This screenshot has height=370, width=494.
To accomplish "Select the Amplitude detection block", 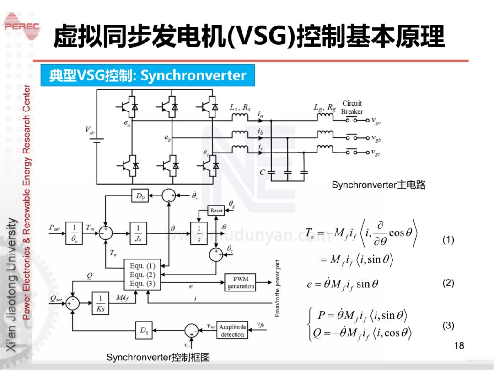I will [x=232, y=331].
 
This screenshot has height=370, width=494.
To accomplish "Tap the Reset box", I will [x=216, y=211].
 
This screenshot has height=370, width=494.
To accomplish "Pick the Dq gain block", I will [x=144, y=330].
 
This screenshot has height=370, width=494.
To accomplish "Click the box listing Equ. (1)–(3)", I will [x=143, y=275].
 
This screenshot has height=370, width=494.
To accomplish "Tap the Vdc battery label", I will [x=90, y=130].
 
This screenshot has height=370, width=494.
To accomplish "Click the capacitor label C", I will [x=262, y=173].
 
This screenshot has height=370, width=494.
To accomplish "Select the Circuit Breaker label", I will [x=352, y=107].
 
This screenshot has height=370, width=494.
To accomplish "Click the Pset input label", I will [x=55, y=227].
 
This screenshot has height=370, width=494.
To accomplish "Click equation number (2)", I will [x=448, y=283].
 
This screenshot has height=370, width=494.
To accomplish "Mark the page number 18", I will [x=459, y=345].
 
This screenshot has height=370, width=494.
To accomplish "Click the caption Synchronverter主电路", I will [x=378, y=185].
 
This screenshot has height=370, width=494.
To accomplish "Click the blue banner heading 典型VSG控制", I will [x=148, y=75].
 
